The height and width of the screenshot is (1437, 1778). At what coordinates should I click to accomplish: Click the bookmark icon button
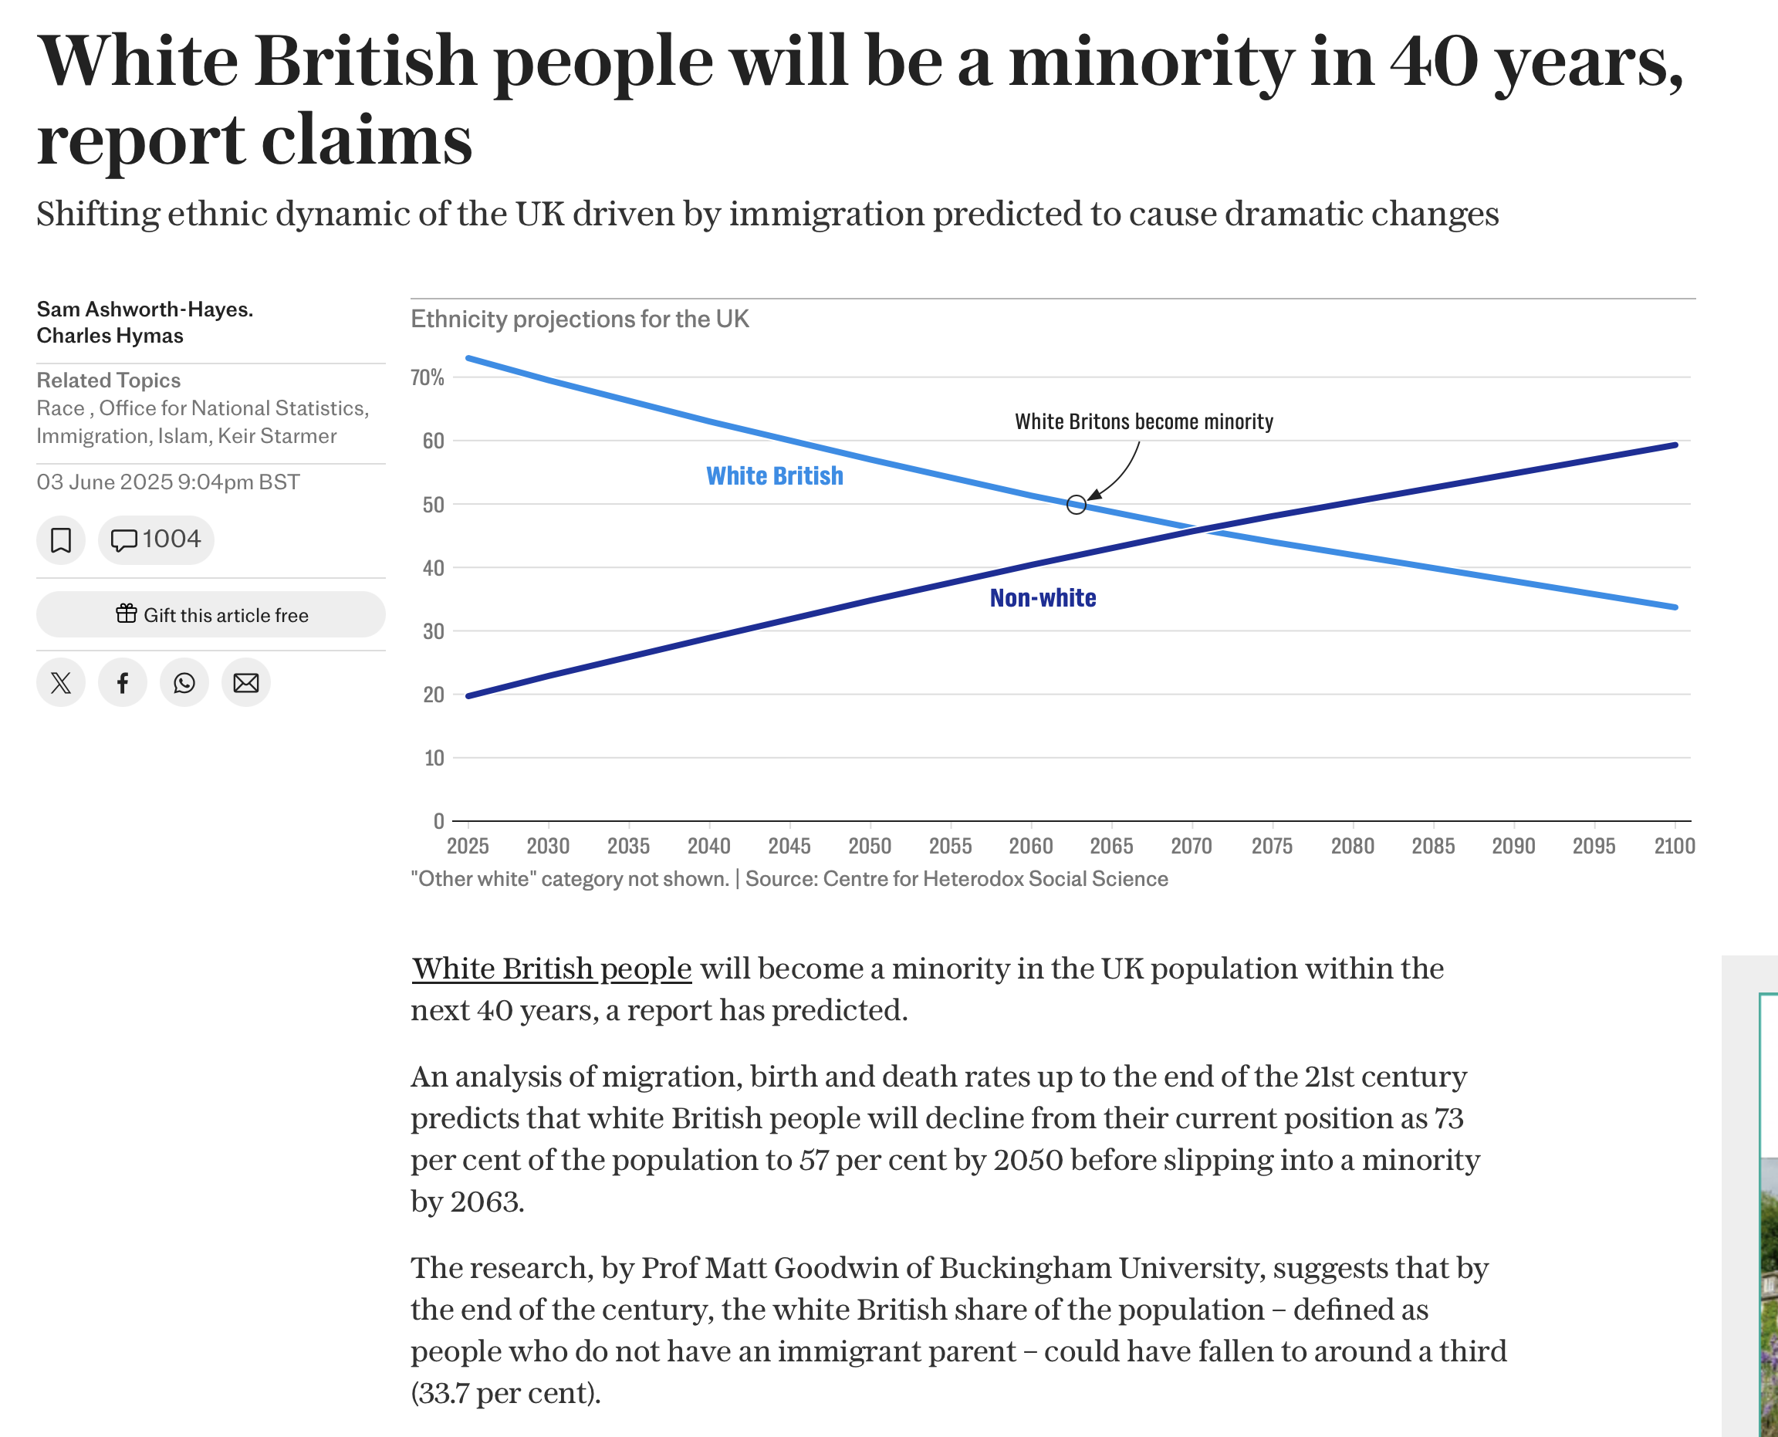[60, 539]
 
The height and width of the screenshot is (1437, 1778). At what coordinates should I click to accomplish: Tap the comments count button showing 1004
[156, 539]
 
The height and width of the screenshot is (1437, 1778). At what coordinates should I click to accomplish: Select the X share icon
[60, 683]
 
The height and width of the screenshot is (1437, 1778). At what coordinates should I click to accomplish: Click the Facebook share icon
[123, 683]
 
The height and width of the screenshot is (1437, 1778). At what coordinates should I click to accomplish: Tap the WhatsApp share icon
[184, 683]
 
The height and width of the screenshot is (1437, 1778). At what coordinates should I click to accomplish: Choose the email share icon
[246, 683]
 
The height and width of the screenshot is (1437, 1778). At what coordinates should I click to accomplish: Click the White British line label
[774, 476]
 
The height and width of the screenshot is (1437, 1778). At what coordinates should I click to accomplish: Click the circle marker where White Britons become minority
[1075, 505]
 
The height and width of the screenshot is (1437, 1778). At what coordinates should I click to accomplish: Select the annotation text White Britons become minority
[1143, 421]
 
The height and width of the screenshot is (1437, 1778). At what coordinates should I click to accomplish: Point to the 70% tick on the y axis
[427, 377]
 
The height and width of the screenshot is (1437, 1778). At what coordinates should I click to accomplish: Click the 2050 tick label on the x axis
[869, 846]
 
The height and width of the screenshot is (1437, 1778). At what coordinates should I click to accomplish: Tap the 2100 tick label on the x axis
[1674, 846]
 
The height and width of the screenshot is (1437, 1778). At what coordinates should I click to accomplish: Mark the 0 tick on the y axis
[438, 821]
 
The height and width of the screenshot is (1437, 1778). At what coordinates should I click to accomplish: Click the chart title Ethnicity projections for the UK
[580, 319]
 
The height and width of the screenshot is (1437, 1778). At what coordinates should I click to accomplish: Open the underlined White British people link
[551, 969]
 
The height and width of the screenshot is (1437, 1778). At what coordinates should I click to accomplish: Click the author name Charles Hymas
[110, 335]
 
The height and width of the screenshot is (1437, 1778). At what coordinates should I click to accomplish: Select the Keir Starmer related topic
[277, 436]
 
